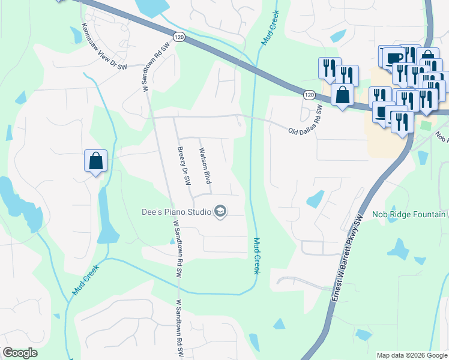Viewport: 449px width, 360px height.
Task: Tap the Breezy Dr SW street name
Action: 183,165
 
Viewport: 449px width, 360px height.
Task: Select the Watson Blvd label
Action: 205,166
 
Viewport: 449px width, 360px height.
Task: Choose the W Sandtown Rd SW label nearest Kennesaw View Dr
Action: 152,67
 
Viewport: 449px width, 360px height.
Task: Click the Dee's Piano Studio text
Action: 176,212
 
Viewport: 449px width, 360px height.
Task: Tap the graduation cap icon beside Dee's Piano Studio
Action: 220,211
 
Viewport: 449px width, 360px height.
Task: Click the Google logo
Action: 20,353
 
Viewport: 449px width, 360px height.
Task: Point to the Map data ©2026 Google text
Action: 412,355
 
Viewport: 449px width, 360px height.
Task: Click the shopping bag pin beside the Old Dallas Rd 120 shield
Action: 342,95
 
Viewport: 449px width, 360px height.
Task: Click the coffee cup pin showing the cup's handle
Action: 394,58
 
